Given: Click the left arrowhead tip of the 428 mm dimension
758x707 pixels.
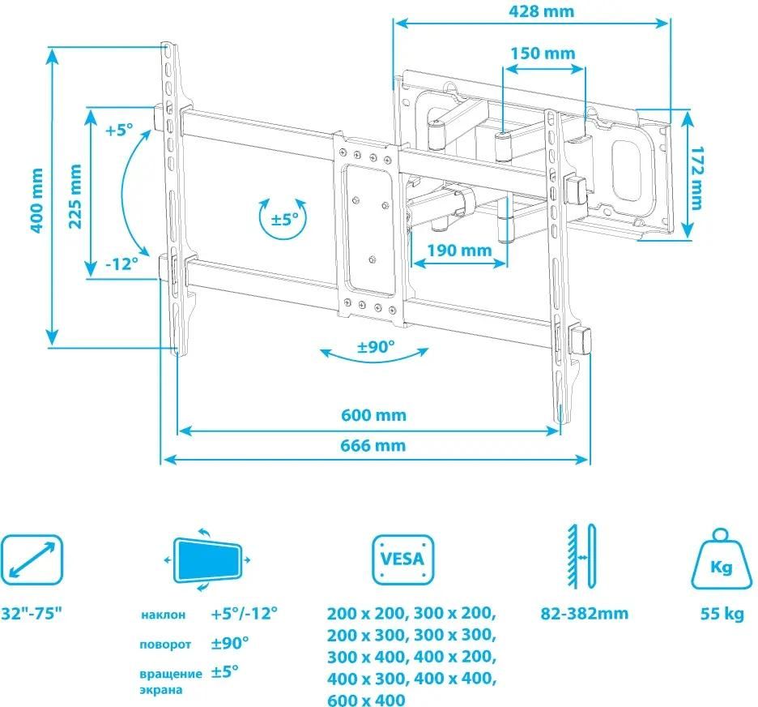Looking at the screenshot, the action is tap(394, 24).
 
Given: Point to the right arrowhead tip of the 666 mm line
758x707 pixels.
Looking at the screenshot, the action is tap(588, 459).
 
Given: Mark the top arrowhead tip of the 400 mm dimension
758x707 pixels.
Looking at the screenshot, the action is tap(52, 49).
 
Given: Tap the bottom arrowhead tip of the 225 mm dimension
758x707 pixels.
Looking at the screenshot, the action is tap(91, 276).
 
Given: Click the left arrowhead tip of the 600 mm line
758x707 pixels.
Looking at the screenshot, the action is tap(178, 431).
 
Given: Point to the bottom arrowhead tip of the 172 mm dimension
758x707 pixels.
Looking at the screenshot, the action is tap(688, 238).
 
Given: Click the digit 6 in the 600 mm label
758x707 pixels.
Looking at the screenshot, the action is tap(346, 415).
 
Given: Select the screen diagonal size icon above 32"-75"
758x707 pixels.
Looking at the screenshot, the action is tap(32, 559).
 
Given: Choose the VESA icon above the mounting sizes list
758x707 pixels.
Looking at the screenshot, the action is tap(402, 559).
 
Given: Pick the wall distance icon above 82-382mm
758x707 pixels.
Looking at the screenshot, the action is tap(582, 556).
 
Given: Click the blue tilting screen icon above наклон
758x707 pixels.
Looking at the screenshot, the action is tap(207, 560).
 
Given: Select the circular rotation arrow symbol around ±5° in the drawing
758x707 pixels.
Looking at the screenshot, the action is tap(283, 219).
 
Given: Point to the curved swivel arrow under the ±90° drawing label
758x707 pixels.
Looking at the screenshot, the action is tap(374, 354).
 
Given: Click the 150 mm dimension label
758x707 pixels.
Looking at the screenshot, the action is tap(543, 54).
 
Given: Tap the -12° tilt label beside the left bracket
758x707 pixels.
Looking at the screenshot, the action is tap(121, 264).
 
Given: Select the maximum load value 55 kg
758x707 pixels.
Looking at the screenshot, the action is tap(722, 614).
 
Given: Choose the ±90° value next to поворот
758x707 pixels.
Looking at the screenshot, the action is tap(230, 643).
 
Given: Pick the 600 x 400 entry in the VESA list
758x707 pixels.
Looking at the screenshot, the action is tap(366, 699).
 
